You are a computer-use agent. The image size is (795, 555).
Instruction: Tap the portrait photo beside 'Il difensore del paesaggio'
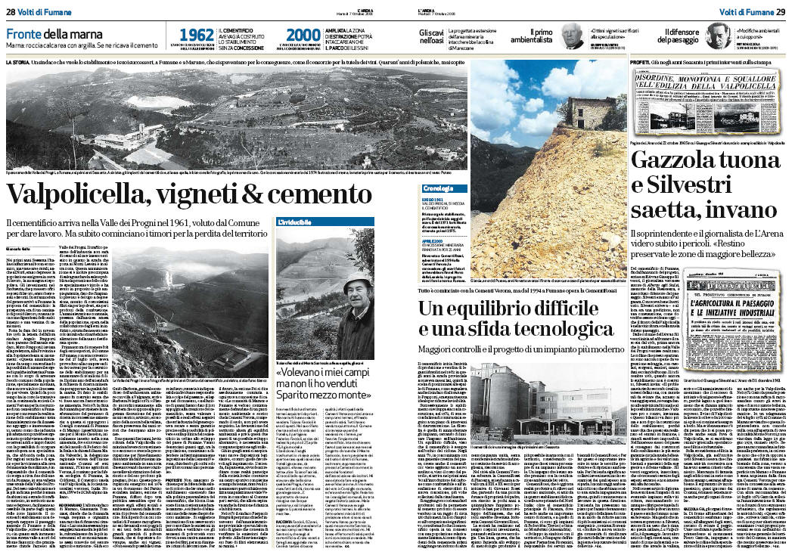point(716,36)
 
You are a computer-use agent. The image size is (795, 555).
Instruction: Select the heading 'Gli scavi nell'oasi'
point(432,36)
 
